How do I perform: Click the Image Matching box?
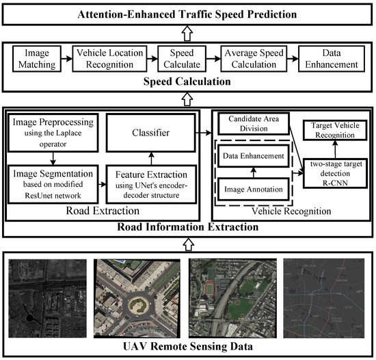(33, 60)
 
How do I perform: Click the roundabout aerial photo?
(138, 297)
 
